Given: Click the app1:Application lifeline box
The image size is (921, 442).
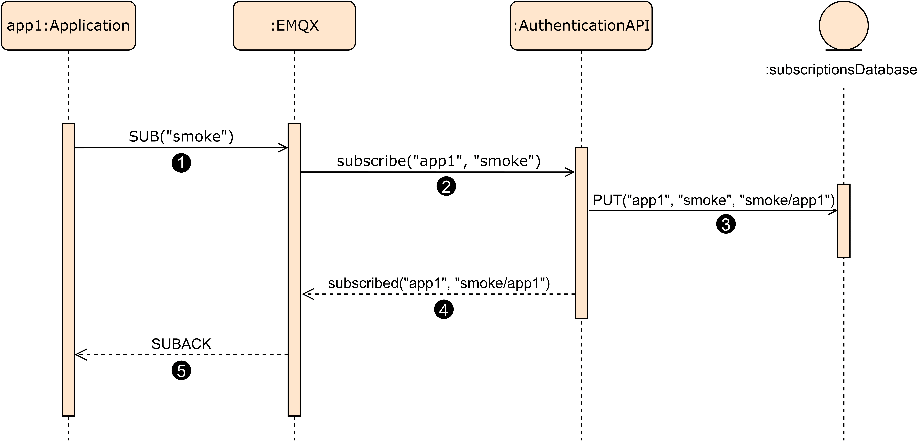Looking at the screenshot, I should (68, 25).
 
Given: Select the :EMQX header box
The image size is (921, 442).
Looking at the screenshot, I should (294, 25).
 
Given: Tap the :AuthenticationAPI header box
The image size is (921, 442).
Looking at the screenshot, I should (581, 25).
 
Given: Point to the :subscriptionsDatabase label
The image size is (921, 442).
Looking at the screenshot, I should (841, 70).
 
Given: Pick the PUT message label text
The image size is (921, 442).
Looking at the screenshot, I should (713, 200).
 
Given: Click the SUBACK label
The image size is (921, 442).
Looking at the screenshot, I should (181, 344).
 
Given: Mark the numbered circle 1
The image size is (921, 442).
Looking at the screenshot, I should (181, 163).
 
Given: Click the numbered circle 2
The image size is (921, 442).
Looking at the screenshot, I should (446, 186).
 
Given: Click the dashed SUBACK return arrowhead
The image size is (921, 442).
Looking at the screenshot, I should (79, 354).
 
